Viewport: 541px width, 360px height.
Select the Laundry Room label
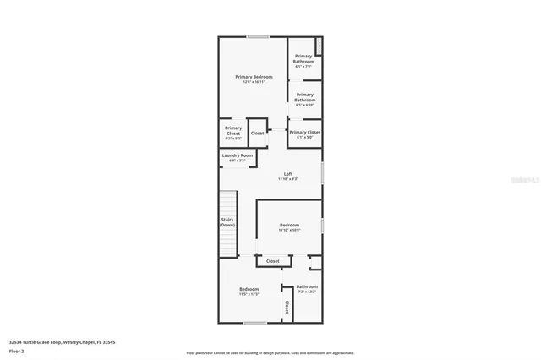238,155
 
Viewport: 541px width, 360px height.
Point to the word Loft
288,174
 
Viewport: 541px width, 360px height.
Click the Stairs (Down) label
227,222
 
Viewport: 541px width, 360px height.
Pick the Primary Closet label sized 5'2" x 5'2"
233,130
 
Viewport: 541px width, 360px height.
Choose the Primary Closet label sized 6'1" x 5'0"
304,132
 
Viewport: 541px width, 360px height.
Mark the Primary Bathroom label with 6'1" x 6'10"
304,97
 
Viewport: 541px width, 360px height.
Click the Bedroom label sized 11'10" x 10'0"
290,225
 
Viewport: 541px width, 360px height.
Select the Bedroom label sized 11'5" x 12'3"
249,289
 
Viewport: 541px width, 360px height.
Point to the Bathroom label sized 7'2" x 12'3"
307,286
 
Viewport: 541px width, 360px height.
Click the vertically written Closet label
287,307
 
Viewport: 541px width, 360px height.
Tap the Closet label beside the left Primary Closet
257,133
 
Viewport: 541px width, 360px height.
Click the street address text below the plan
62,342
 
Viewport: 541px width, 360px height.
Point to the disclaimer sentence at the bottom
270,352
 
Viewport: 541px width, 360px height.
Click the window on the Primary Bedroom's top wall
258,36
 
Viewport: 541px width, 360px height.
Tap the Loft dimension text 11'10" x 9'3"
288,179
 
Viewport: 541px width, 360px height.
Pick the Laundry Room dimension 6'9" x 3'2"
238,160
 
